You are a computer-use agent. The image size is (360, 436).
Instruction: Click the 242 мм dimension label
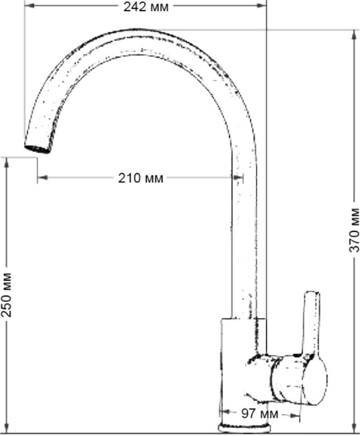[x=146, y=7]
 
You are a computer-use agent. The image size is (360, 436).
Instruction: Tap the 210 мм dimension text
[x=141, y=178]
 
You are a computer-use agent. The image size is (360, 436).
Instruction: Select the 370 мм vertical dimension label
[x=354, y=229]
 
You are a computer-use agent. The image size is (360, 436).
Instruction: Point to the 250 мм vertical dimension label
[x=7, y=295]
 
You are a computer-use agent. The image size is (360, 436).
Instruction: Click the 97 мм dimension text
[x=259, y=414]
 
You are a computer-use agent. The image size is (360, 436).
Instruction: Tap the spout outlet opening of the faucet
[x=38, y=149]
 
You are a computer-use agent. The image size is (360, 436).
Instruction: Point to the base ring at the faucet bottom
[x=244, y=427]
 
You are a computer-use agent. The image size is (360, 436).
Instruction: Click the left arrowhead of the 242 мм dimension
[x=29, y=5]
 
